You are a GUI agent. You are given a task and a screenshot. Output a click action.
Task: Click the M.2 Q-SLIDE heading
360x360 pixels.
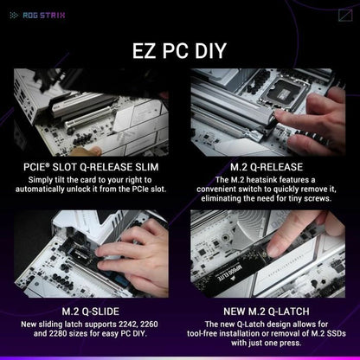point(91,309)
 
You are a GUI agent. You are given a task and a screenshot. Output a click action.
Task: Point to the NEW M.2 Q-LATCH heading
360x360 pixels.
point(268,309)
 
